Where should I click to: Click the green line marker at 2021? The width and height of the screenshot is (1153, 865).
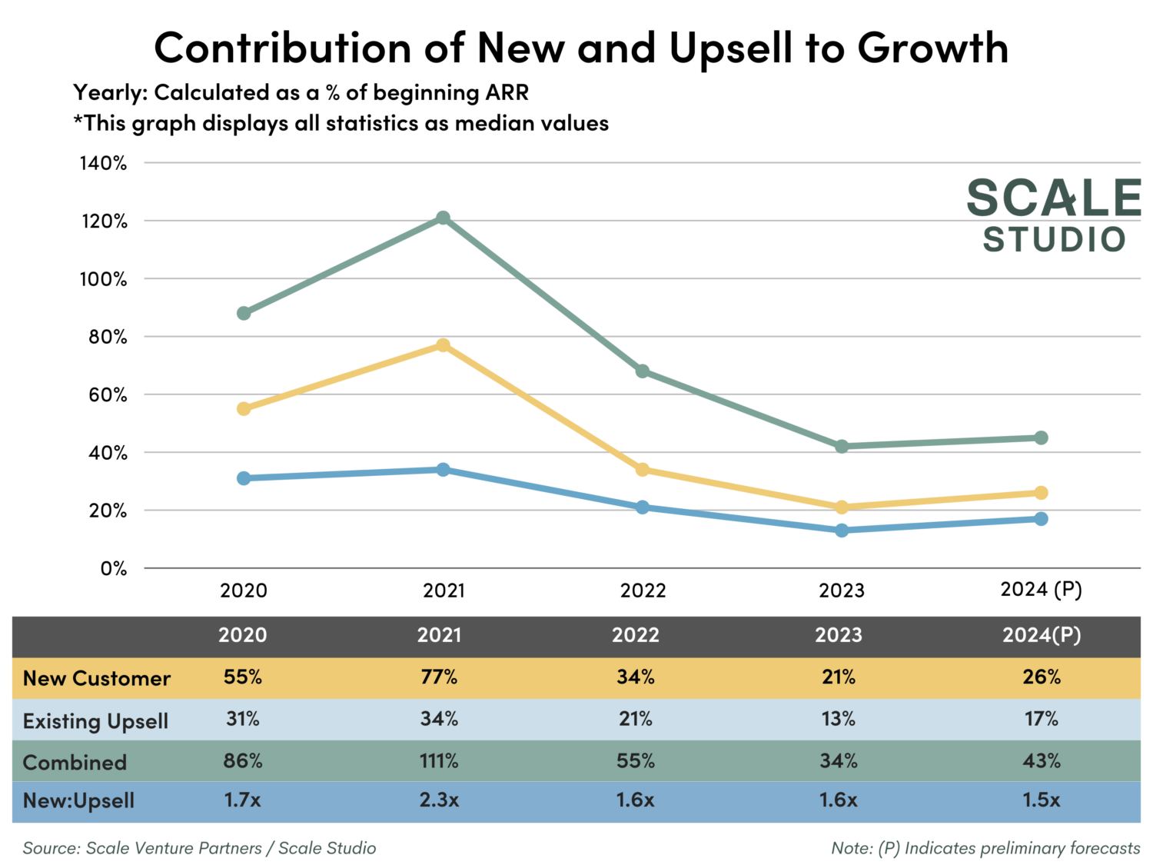point(443,218)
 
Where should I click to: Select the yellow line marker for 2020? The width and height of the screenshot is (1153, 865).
point(244,409)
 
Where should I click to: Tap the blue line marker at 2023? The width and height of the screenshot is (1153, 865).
point(842,531)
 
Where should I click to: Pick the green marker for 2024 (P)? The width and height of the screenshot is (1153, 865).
point(1041,437)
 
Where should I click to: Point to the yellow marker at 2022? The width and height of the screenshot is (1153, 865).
point(643,470)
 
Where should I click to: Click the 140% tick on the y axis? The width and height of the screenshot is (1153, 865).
point(103,163)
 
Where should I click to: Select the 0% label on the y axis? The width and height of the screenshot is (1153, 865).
point(113,569)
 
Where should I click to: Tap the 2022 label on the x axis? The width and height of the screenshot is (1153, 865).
point(643,591)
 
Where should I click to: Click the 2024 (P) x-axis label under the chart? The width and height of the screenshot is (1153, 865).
point(1041,590)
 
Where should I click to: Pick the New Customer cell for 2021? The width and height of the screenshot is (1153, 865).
point(439,677)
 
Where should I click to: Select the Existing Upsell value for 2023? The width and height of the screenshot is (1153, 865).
point(838,719)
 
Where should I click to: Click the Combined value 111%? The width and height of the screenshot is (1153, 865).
point(439,761)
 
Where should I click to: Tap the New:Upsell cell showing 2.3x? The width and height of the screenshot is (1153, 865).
point(439,800)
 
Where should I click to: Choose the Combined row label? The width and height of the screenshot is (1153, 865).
point(75,763)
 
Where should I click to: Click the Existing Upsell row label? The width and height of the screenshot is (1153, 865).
point(95,721)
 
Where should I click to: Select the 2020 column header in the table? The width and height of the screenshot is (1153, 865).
point(242,635)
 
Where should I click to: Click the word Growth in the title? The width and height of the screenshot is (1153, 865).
point(932,48)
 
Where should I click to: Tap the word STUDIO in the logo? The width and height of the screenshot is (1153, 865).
point(1054,240)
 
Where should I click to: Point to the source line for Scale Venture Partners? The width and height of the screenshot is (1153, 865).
point(199,848)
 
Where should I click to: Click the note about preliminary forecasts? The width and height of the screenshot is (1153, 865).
point(985,848)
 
